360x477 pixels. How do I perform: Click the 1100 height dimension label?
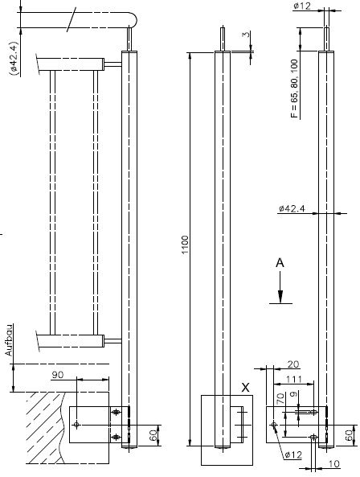pyautogui.click(x=185, y=245)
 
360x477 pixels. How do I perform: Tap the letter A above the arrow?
pyautogui.click(x=280, y=263)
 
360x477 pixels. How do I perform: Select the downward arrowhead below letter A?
pyautogui.click(x=280, y=297)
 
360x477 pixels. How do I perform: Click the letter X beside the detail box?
pyautogui.click(x=245, y=388)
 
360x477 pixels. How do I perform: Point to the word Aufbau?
pyautogui.click(x=9, y=339)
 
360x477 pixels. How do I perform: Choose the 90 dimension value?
pyautogui.click(x=57, y=375)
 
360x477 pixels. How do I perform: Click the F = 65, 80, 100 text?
pyautogui.click(x=294, y=88)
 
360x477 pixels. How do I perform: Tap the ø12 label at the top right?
pyautogui.click(x=302, y=6)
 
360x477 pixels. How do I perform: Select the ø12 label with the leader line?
pyautogui.click(x=294, y=455)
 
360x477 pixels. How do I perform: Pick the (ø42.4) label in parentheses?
pyautogui.click(x=14, y=58)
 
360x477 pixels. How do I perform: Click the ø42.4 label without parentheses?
pyautogui.click(x=292, y=208)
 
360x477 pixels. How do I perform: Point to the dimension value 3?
pyautogui.click(x=247, y=34)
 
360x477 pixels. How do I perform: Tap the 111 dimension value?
pyautogui.click(x=294, y=380)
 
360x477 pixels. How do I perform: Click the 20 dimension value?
pyautogui.click(x=292, y=364)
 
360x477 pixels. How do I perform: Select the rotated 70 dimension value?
pyautogui.click(x=280, y=398)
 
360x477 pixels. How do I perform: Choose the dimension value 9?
pyautogui.click(x=293, y=395)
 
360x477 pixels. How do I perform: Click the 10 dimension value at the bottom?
pyautogui.click(x=333, y=464)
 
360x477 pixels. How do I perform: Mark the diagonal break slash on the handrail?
pyautogui.click(x=72, y=21)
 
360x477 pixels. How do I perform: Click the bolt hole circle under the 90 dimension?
pyautogui.click(x=76, y=425)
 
